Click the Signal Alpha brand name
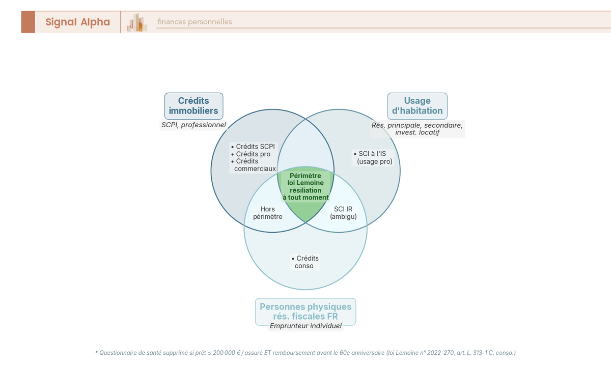77,22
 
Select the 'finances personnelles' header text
195,22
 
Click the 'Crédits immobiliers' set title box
193,106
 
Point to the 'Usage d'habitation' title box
417,106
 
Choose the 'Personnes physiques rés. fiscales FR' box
305,312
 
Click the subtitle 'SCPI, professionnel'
193,125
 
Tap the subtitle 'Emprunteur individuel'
305,326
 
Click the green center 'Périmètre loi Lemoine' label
305,186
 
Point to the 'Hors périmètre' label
267,213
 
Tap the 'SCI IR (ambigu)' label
343,213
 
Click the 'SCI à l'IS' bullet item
373,157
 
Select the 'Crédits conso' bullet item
305,262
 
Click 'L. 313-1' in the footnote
479,352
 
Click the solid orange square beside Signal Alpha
28,22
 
